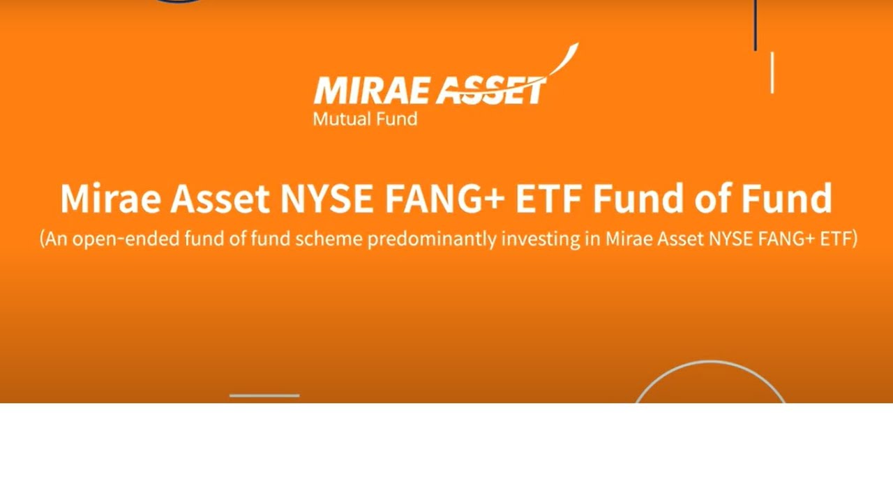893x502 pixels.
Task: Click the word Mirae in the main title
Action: coord(110,198)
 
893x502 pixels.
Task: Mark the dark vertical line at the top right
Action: coord(756,25)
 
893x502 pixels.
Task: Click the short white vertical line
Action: coord(772,73)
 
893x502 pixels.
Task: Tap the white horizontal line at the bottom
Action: coord(264,395)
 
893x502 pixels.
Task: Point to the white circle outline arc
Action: coord(710,363)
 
